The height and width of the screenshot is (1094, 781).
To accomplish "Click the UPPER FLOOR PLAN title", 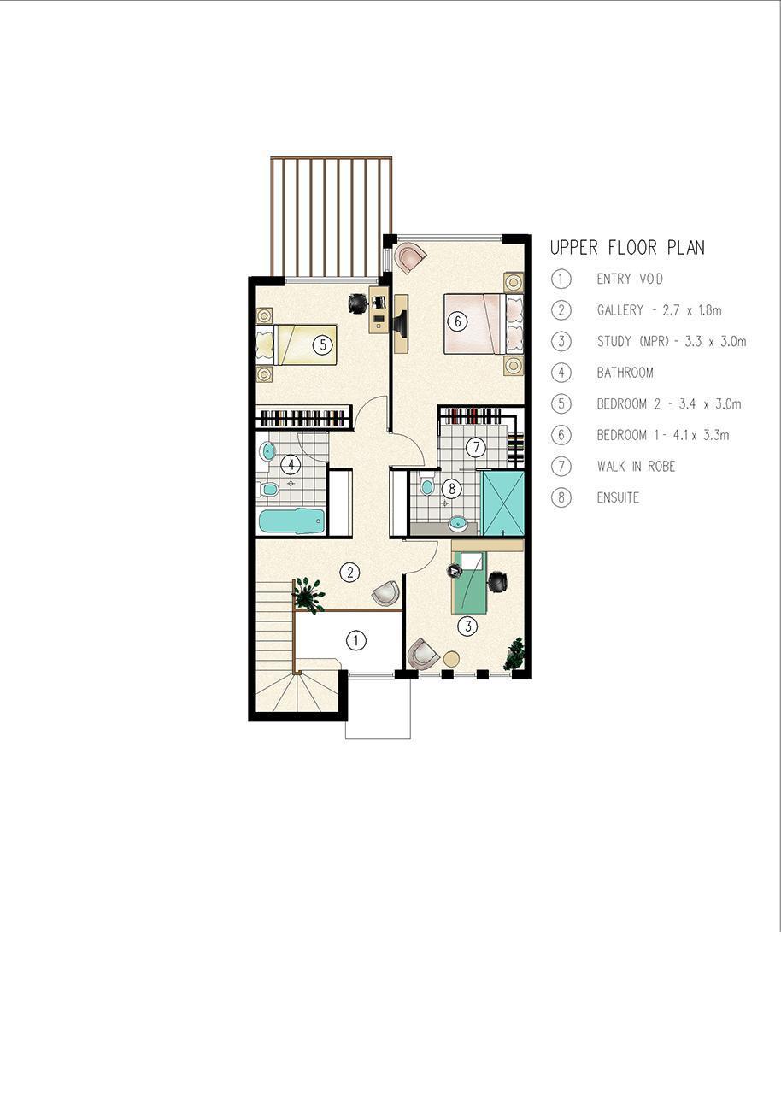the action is click(627, 248).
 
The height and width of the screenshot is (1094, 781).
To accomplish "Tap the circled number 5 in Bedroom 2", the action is click(323, 345).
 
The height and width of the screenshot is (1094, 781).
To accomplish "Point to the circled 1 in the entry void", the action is click(355, 640).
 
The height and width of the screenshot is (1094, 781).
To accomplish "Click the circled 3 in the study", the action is click(468, 626).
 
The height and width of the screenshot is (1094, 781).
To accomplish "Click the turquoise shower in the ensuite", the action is click(502, 503).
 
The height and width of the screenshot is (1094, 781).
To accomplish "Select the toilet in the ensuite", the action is click(426, 483).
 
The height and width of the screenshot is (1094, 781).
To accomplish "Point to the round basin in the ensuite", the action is click(458, 523).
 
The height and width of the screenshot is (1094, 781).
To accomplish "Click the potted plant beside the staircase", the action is click(308, 594).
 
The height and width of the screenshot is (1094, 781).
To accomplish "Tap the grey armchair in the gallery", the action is click(385, 593).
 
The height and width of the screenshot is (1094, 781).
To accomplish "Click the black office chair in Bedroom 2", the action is click(358, 303).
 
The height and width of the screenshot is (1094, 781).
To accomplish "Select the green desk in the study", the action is click(470, 582).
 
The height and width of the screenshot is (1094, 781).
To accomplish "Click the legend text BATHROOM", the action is click(625, 373).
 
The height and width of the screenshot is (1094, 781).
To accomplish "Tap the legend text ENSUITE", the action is click(618, 497).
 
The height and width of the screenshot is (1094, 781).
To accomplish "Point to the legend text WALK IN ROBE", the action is click(636, 467).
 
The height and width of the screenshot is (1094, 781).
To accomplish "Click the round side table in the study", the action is click(451, 658).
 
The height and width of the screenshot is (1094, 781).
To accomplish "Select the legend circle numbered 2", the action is click(561, 310).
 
